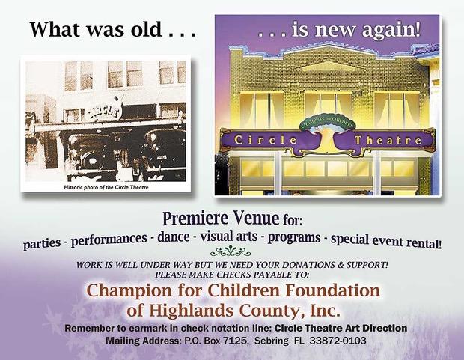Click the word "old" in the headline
(x=147, y=30)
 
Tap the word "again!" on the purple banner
(x=391, y=31)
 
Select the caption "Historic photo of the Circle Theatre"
(x=106, y=187)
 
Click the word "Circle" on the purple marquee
(x=265, y=140)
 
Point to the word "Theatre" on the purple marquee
(x=388, y=140)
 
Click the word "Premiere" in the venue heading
(x=195, y=219)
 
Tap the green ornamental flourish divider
(x=231, y=251)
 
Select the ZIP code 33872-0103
(x=338, y=341)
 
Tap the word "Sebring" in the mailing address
(x=272, y=341)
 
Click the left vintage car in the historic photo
(x=89, y=156)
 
